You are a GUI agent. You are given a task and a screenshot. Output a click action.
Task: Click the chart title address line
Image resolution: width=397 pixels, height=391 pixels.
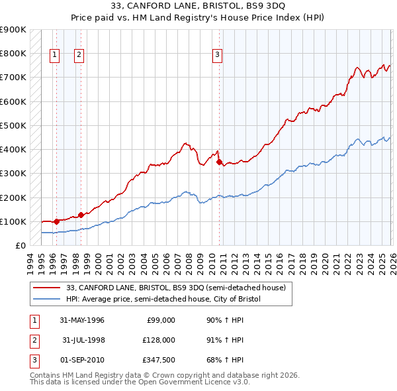coord(198,7)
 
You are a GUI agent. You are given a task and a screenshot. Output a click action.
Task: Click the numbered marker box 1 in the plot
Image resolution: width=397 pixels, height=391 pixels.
coord(54,56)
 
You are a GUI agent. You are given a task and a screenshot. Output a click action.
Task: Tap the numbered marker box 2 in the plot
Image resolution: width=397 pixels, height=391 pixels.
coord(79,56)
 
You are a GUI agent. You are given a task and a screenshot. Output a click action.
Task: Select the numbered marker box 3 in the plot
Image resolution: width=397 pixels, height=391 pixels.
coord(217,56)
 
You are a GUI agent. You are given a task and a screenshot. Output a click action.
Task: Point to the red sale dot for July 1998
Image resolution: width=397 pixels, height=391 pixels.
coord(81,215)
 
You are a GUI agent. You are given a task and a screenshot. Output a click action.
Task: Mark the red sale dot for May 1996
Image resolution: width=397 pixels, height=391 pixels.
coord(56,221)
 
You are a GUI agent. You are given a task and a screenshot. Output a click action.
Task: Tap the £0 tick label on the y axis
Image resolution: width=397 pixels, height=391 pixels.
coord(19,245)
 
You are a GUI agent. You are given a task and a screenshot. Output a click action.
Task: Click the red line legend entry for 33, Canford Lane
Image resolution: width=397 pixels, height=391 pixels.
coord(175,288)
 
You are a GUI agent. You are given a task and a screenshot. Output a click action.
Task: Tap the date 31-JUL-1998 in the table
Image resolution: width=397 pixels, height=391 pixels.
coord(82,340)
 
